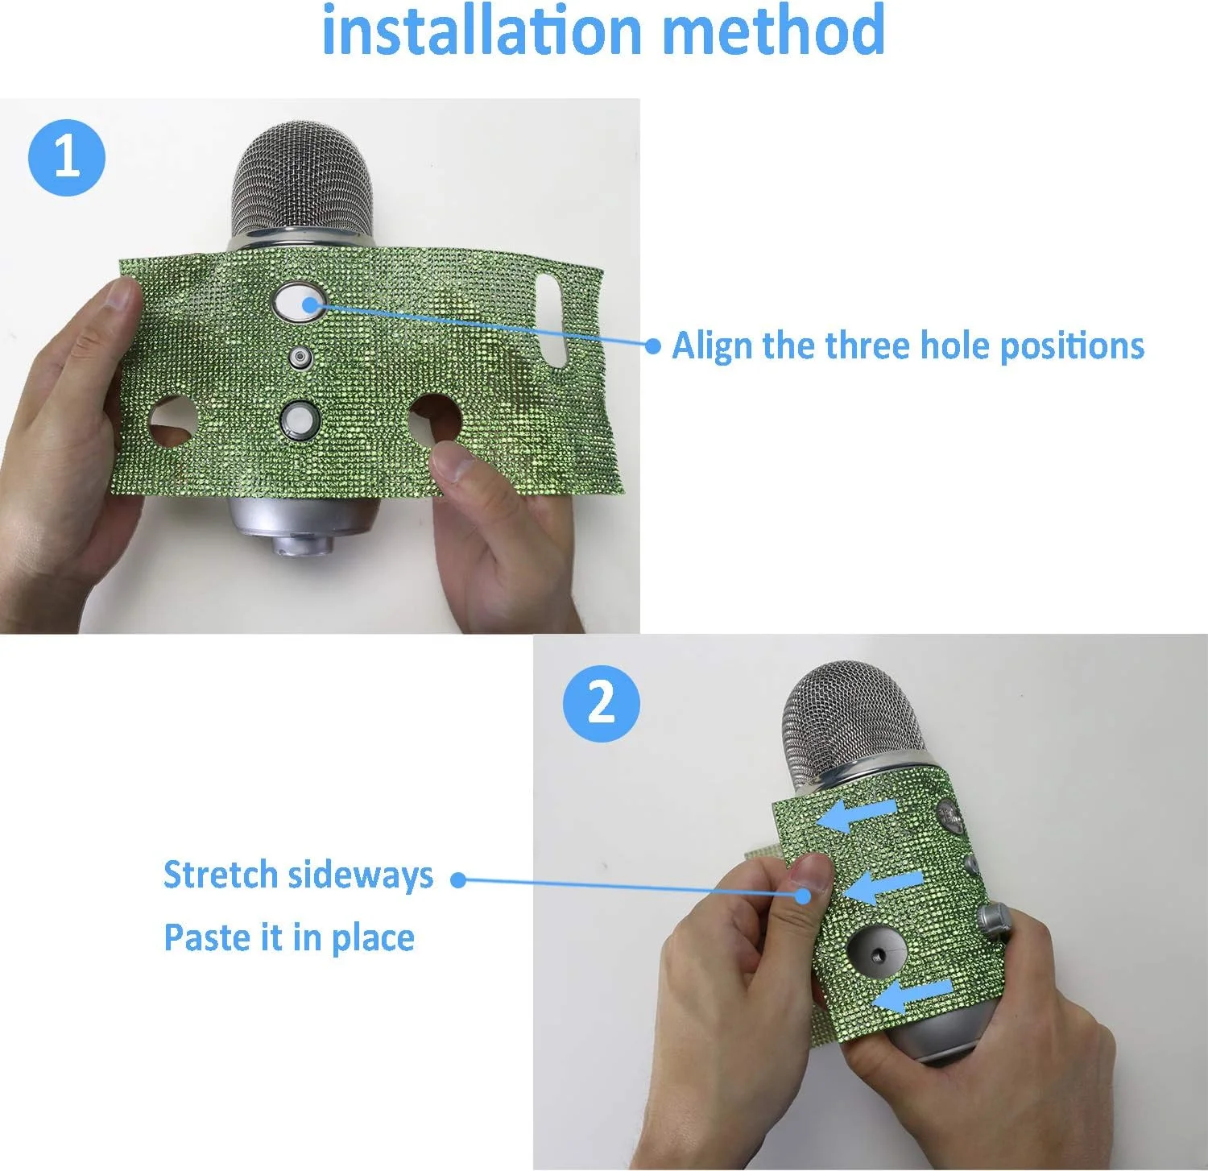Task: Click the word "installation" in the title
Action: point(482,31)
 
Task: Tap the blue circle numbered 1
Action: point(67,157)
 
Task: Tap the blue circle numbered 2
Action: point(601,703)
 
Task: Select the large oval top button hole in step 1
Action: point(297,303)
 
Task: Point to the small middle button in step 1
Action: point(300,357)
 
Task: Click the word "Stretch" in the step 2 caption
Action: point(221,875)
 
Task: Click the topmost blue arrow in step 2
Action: point(856,815)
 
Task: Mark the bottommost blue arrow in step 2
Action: point(912,995)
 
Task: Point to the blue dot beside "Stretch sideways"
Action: point(458,880)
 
